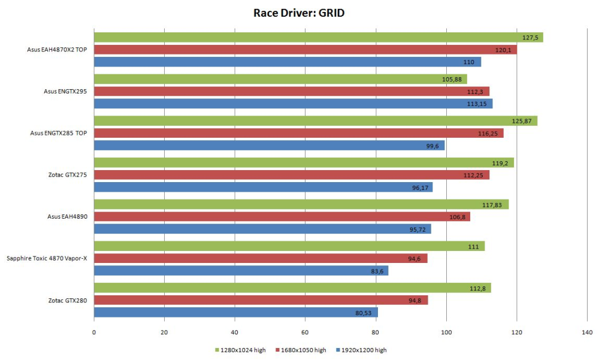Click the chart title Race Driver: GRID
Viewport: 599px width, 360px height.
coord(299,13)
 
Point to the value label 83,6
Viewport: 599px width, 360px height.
coord(377,271)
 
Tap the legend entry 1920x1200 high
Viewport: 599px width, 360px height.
coord(364,350)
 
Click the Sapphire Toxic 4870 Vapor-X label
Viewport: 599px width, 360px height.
coord(47,258)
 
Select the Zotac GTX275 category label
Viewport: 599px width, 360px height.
coord(68,174)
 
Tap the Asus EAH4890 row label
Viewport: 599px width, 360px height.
coord(68,216)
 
